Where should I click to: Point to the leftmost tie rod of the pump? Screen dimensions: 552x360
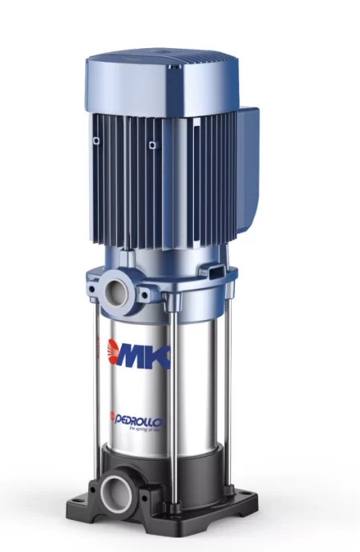click(103, 377)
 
